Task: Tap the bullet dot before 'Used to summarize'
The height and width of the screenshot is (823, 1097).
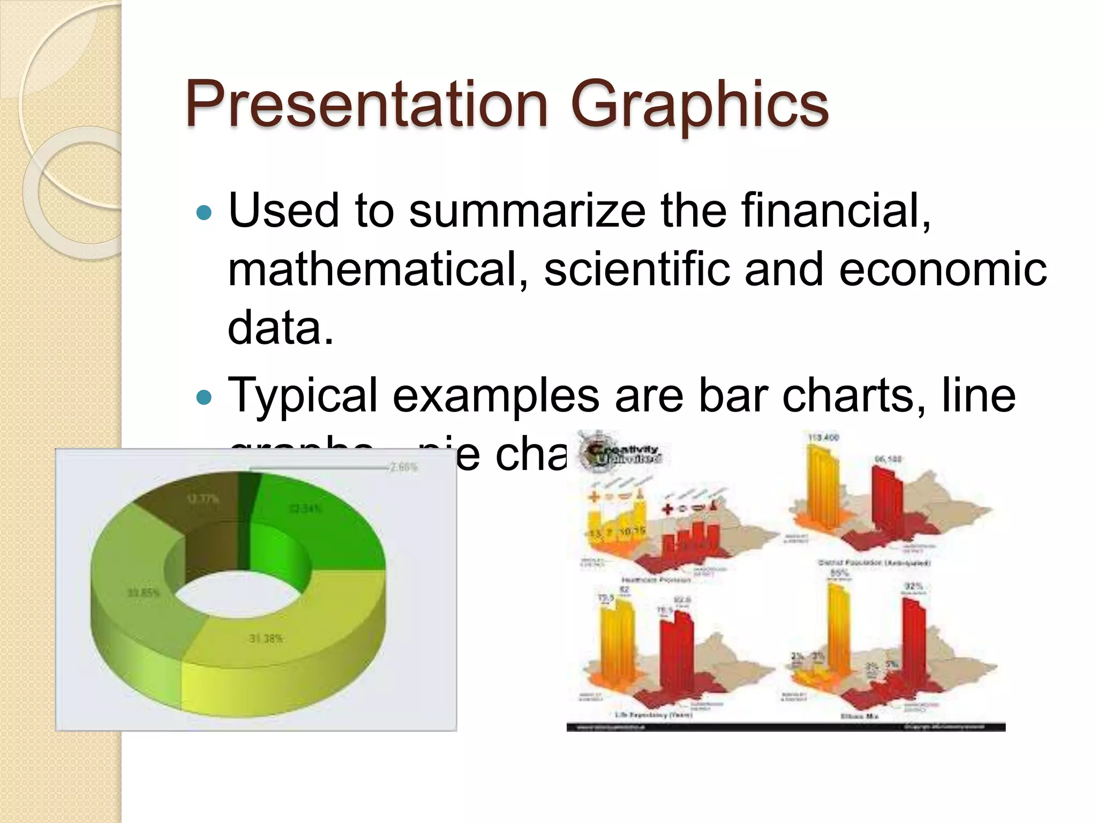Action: coord(204,213)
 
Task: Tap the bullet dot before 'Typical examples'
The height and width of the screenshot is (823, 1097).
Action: coord(204,398)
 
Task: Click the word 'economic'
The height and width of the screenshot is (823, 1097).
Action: coord(943,270)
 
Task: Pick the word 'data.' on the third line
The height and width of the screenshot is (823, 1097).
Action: coord(281,328)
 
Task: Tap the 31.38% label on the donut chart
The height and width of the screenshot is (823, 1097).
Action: coord(266,639)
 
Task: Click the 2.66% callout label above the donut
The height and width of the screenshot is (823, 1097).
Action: coord(403,467)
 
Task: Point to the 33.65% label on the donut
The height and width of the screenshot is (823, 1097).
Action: coord(143,593)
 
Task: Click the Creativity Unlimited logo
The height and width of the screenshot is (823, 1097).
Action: coord(621,453)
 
